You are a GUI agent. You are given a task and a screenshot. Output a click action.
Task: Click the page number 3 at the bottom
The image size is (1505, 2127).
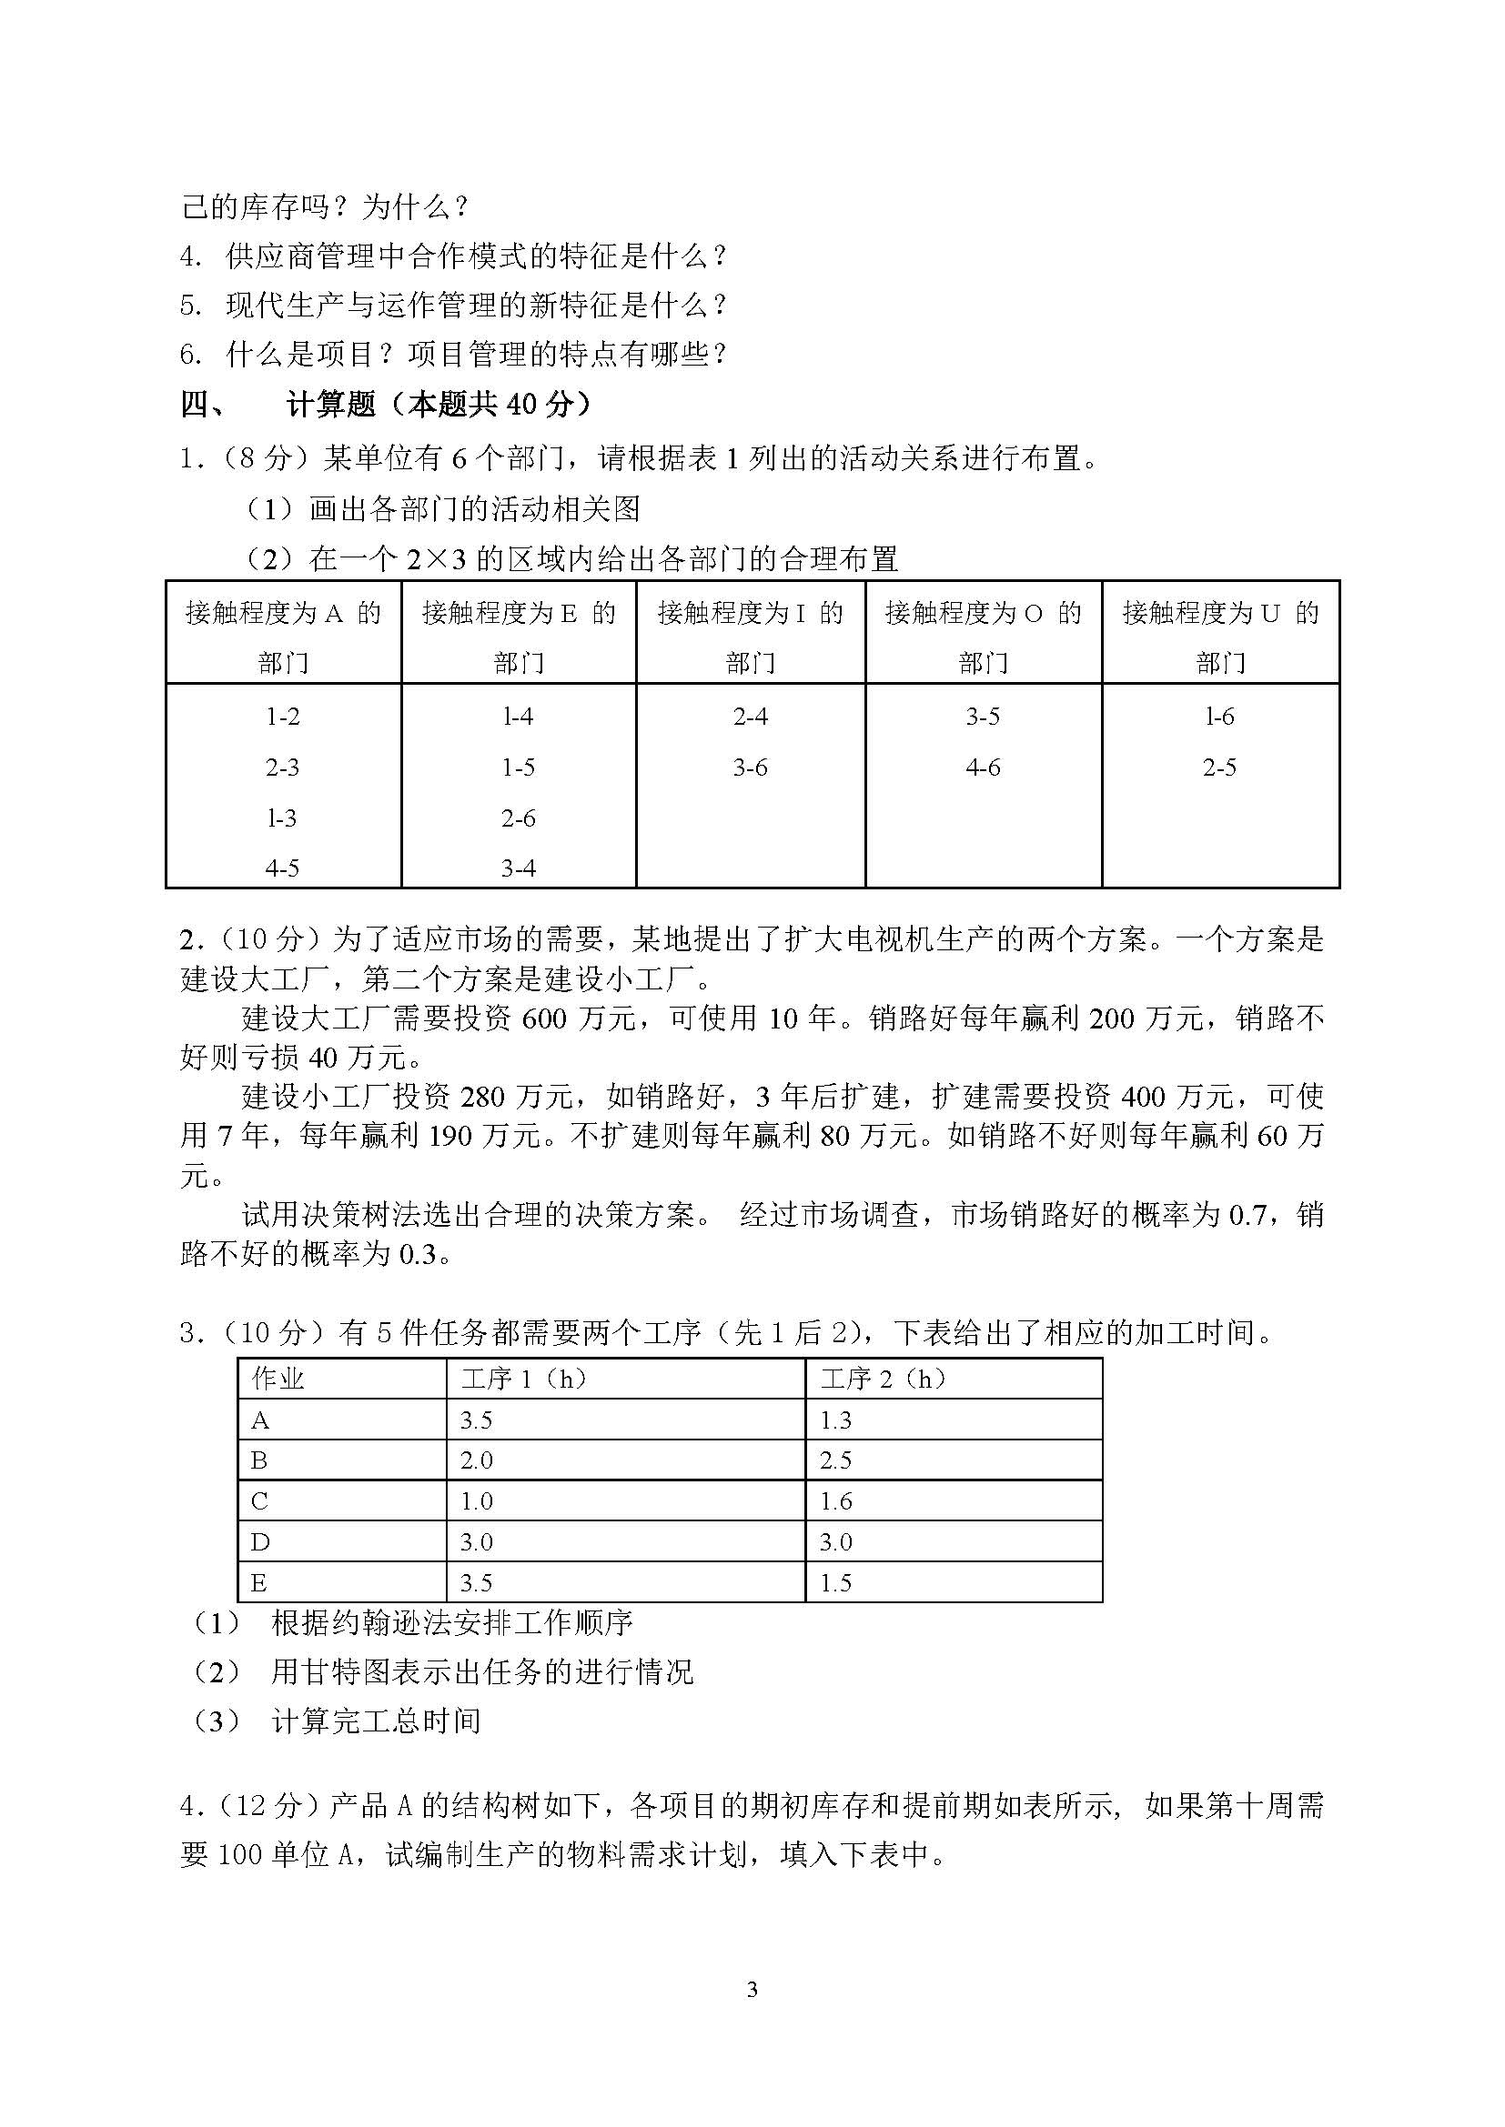point(752,1989)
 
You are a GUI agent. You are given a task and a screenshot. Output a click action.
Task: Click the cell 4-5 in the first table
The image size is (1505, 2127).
point(282,868)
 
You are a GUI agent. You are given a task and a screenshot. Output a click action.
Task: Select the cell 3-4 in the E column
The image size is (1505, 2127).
point(518,868)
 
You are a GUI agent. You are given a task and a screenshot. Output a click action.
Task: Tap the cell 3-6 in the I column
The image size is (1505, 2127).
point(750,768)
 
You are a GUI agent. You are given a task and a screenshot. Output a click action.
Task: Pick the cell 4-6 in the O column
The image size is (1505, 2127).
point(983,768)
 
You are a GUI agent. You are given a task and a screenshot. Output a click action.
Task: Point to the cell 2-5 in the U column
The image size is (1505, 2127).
point(1219,768)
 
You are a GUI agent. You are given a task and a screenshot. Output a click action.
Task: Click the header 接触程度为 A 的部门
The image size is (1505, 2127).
point(284,637)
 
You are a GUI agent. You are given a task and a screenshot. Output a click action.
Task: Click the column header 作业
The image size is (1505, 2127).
point(278,1380)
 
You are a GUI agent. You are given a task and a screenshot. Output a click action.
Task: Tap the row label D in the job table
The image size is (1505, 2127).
point(259,1541)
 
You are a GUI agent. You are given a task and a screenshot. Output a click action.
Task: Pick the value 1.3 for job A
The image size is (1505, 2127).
point(836,1420)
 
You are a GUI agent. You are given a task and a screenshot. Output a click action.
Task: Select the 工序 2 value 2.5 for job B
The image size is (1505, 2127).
point(836,1461)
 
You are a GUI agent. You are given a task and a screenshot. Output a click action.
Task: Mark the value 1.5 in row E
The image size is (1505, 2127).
point(836,1583)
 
